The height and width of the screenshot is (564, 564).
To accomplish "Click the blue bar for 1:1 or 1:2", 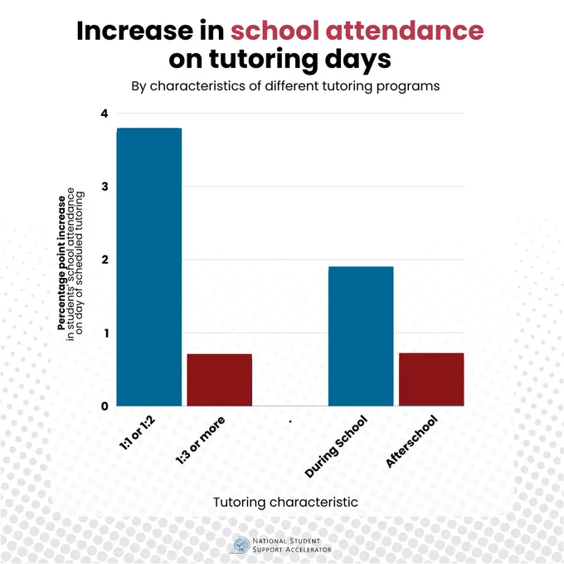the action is pyautogui.click(x=149, y=267).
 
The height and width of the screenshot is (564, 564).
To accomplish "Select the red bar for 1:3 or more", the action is pyautogui.click(x=220, y=380).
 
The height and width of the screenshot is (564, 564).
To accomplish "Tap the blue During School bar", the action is pyautogui.click(x=361, y=336).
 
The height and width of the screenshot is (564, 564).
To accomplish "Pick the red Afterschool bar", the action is pyautogui.click(x=431, y=380).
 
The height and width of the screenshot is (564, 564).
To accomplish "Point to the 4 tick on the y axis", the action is pyautogui.click(x=105, y=114).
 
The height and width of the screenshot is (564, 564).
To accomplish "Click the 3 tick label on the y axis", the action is pyautogui.click(x=105, y=187).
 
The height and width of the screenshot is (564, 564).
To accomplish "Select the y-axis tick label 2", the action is pyautogui.click(x=105, y=260).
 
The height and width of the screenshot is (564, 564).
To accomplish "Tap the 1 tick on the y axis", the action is pyautogui.click(x=106, y=333).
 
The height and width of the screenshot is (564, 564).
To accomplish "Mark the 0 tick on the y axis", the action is pyautogui.click(x=105, y=406).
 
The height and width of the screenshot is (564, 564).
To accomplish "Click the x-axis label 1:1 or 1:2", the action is pyautogui.click(x=137, y=433).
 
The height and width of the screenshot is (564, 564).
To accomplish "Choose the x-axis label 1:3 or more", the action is pyautogui.click(x=201, y=440).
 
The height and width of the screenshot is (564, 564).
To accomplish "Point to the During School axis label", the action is pyautogui.click(x=336, y=446).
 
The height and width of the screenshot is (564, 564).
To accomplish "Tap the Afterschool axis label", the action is pyautogui.click(x=412, y=441).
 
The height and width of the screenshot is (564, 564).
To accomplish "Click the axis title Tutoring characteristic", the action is pyautogui.click(x=285, y=502).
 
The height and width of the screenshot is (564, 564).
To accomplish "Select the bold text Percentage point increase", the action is pyautogui.click(x=61, y=263).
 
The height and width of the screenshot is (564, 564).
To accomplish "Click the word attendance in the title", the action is pyautogui.click(x=405, y=31).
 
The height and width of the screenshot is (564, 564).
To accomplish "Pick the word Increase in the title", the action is pyautogui.click(x=135, y=31).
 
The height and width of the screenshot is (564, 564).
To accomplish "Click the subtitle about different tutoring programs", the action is pyautogui.click(x=285, y=86).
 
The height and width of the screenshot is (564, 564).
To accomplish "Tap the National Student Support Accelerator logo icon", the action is pyautogui.click(x=241, y=545).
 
